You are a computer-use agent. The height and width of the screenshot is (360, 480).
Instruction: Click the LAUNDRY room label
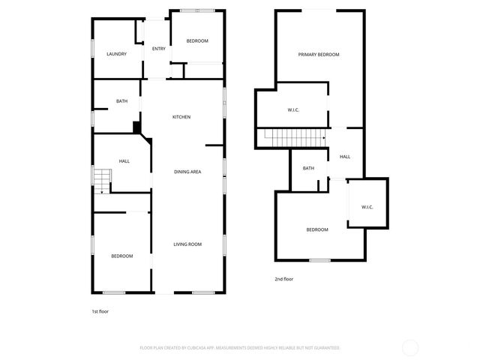coord(116,54)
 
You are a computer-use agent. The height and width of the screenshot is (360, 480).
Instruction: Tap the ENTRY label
coord(159,49)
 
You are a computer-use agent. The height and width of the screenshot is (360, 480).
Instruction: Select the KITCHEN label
coord(181,117)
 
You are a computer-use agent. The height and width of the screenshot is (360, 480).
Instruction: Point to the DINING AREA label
coord(187,172)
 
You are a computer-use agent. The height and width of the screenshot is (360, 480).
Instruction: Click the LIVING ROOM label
coord(187,244)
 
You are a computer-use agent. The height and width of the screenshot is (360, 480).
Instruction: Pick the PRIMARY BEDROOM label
coord(319,55)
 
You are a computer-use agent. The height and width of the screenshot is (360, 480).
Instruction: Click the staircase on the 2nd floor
coord(292,137)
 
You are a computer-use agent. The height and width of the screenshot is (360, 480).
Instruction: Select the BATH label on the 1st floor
coord(121,101)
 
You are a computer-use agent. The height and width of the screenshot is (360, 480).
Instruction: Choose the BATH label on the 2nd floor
coord(308,168)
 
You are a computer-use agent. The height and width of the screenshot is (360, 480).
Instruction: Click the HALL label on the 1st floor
coord(124,161)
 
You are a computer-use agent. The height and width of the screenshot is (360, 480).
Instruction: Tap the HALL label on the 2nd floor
coord(345,157)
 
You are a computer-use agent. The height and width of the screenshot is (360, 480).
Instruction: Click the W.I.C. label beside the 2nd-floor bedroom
coord(367,207)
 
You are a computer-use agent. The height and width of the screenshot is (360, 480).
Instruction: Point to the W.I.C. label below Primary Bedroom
coord(294,111)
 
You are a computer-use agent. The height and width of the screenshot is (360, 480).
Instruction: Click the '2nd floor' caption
coord(283,279)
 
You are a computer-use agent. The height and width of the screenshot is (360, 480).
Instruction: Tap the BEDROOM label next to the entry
coord(197,40)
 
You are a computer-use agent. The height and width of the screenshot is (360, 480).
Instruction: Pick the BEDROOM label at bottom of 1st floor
coord(122,256)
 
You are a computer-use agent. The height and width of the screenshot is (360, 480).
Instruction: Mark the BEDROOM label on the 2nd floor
coord(317,229)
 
